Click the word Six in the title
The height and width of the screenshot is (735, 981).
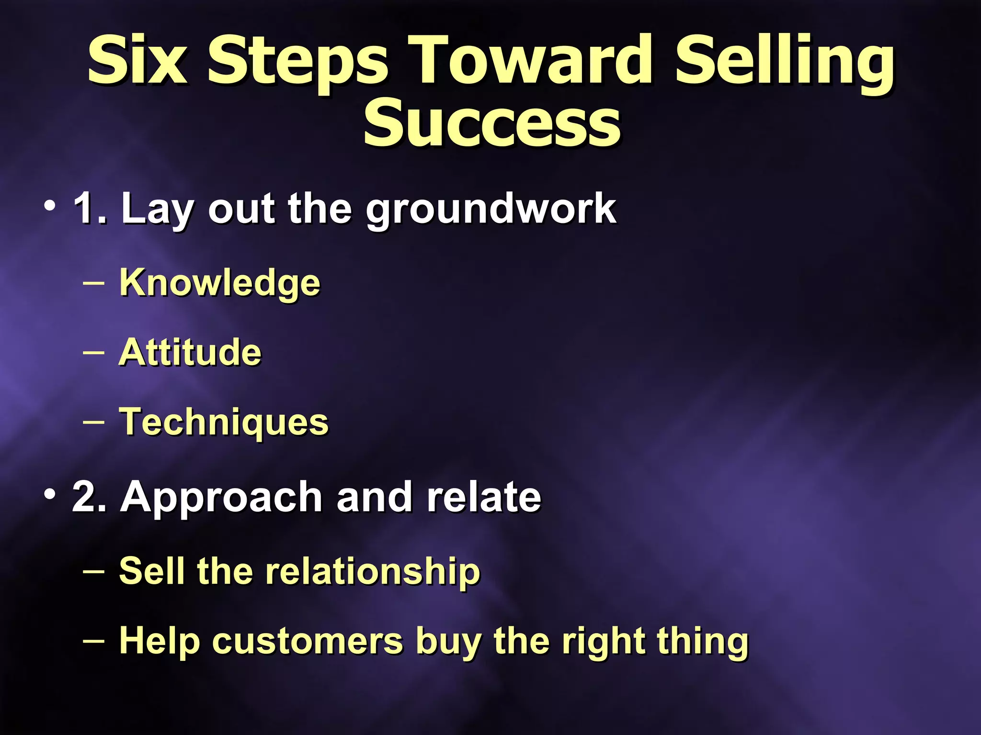pos(137,61)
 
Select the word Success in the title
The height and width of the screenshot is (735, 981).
pos(492,123)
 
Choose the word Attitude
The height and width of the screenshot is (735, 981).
pos(190,352)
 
